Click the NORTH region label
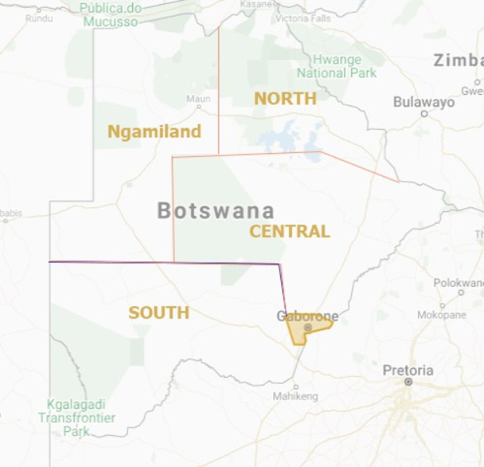click(x=285, y=98)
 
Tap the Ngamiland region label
click(x=154, y=131)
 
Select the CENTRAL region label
click(x=290, y=231)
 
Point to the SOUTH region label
click(x=158, y=312)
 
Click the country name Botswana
click(x=216, y=211)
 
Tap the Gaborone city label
click(x=308, y=316)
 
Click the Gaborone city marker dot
click(x=308, y=328)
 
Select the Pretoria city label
click(x=408, y=370)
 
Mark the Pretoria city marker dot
click(x=408, y=382)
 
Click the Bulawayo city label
click(x=423, y=102)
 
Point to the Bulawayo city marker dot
click(x=424, y=113)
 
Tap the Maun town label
click(x=199, y=99)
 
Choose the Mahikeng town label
click(x=295, y=396)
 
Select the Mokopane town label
click(x=441, y=315)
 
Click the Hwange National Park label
click(x=336, y=66)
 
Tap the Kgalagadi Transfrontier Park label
click(x=77, y=417)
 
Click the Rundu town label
click(x=39, y=18)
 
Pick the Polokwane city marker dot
click(x=460, y=293)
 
